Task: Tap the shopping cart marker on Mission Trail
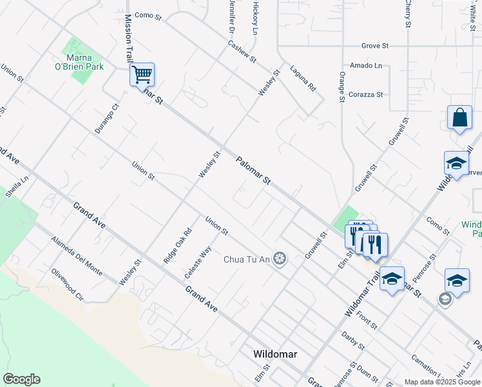pyautogui.click(x=142, y=74)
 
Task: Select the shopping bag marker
pyautogui.click(x=459, y=119)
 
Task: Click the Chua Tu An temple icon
pyautogui.click(x=279, y=259)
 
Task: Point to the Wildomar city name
pyautogui.click(x=276, y=354)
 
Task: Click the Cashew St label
pyautogui.click(x=242, y=52)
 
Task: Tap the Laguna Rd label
pyautogui.click(x=303, y=78)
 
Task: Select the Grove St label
pyautogui.click(x=375, y=46)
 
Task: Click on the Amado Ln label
pyautogui.click(x=366, y=65)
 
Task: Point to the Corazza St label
pyautogui.click(x=365, y=94)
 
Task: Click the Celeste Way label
pyautogui.click(x=198, y=261)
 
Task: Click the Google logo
pyautogui.click(x=21, y=379)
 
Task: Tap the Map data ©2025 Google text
pyautogui.click(x=441, y=382)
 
